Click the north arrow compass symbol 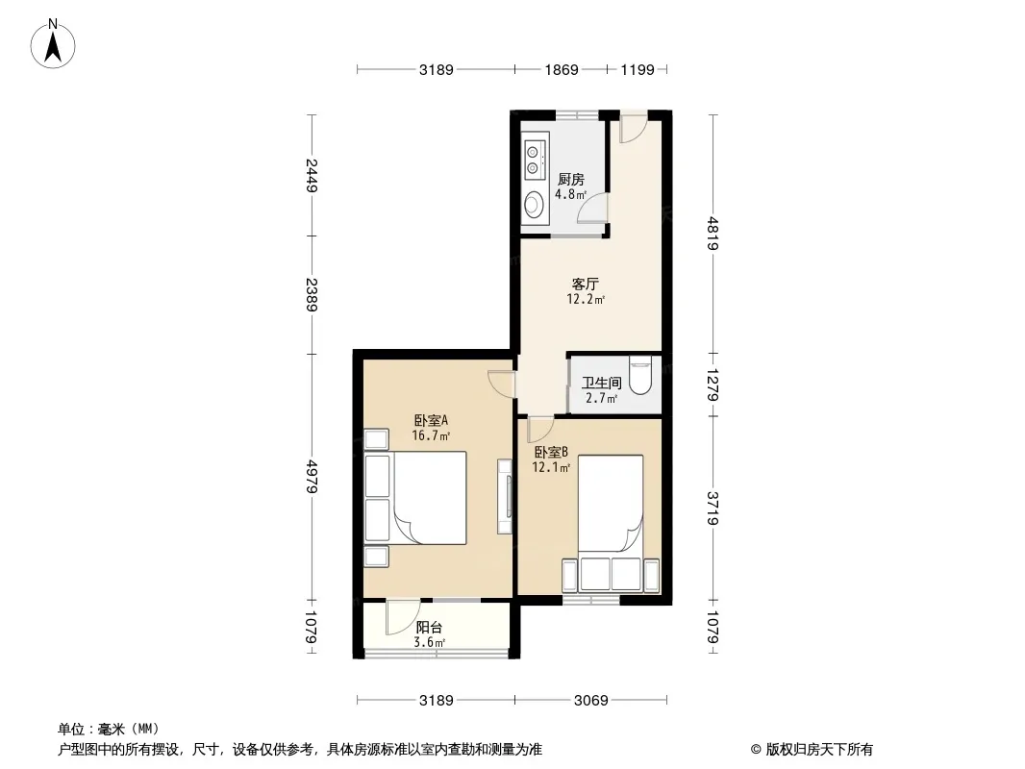point(53,44)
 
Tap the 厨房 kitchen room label point(571,179)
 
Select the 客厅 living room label point(585,284)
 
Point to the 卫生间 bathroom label point(601,383)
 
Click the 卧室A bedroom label point(431,420)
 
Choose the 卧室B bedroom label point(551,452)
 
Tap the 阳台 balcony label point(429,628)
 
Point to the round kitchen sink point(534,203)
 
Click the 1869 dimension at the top point(562,69)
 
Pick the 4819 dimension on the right point(713,234)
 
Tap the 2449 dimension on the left point(312,175)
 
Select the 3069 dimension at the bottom point(591,701)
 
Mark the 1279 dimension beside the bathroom point(713,385)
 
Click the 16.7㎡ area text point(431,435)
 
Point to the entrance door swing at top point(632,129)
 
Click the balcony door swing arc point(401,619)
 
